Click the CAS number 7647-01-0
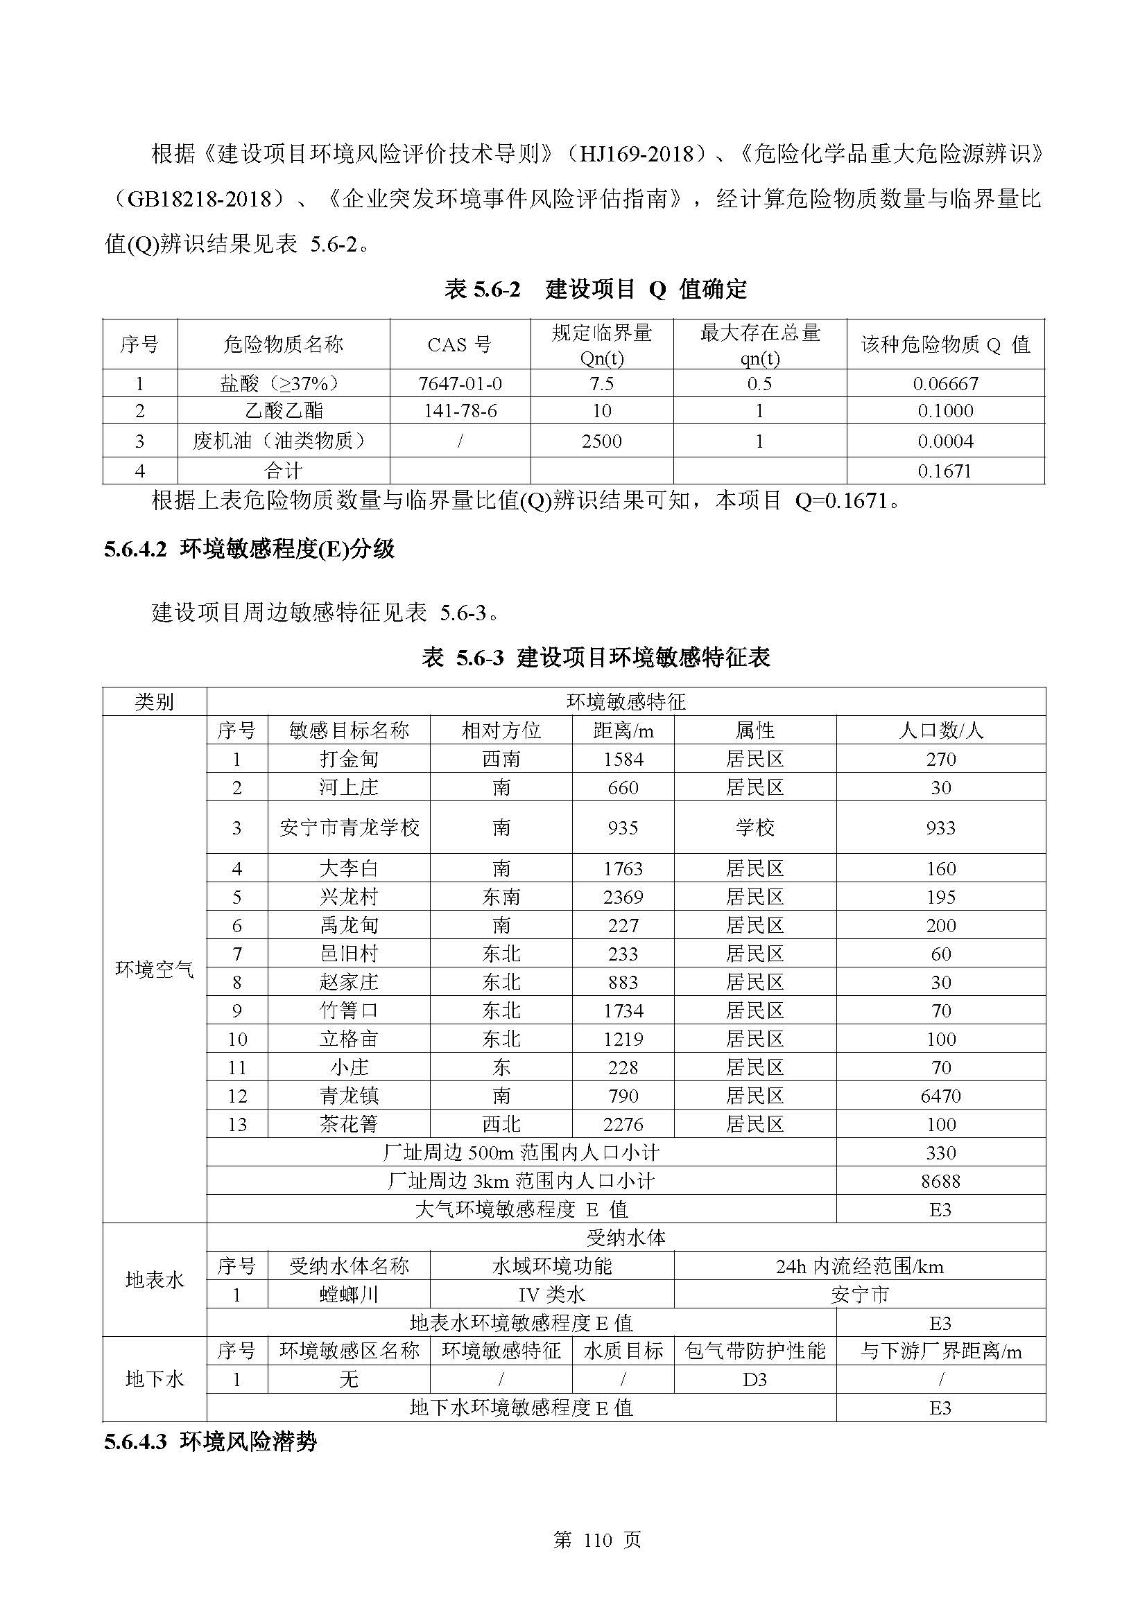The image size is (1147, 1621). pyautogui.click(x=460, y=383)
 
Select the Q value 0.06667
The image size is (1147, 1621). pyautogui.click(x=945, y=383)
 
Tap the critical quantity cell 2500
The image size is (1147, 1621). pyautogui.click(x=601, y=441)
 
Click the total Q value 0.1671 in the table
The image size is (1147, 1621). pyautogui.click(x=945, y=471)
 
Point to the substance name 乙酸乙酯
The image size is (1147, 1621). pyautogui.click(x=283, y=411)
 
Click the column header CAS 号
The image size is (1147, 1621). pyautogui.click(x=460, y=344)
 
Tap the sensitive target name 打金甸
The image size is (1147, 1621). pyautogui.click(x=349, y=759)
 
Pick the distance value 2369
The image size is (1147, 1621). pyautogui.click(x=622, y=897)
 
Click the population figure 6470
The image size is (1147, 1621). pyautogui.click(x=940, y=1096)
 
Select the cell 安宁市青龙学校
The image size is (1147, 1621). pyautogui.click(x=349, y=827)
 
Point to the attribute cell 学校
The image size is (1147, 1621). pyautogui.click(x=754, y=827)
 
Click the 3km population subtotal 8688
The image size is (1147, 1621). pyautogui.click(x=940, y=1181)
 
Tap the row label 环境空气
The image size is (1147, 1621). pyautogui.click(x=154, y=970)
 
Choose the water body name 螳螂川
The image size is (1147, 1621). pyautogui.click(x=349, y=1295)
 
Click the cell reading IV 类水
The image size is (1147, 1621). pyautogui.click(x=551, y=1295)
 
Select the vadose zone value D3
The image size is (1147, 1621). pyautogui.click(x=754, y=1380)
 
